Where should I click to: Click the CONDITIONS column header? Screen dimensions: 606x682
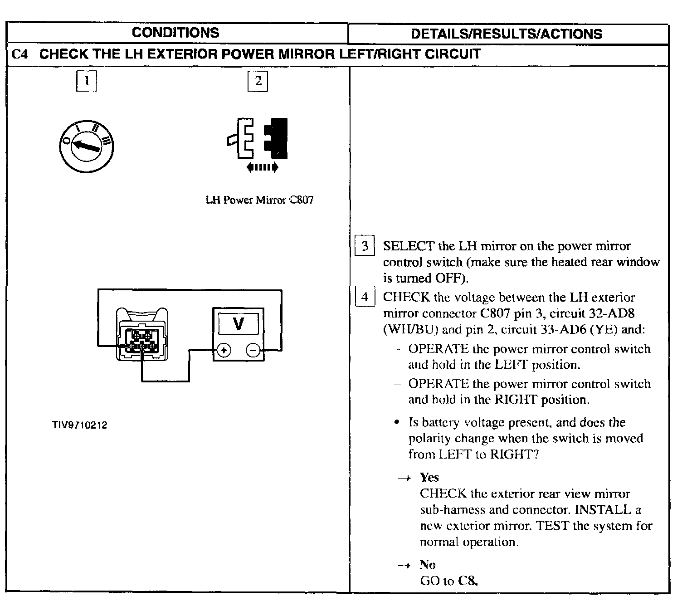click(x=175, y=33)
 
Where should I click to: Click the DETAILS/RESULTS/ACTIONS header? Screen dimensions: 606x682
click(x=506, y=34)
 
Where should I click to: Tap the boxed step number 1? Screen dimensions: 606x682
click(x=86, y=81)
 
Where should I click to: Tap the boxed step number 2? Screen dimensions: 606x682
click(x=258, y=81)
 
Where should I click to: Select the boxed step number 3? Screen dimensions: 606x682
click(x=365, y=246)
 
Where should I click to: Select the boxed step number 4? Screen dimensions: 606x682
click(x=365, y=297)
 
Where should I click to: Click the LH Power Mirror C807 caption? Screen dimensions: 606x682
click(x=259, y=200)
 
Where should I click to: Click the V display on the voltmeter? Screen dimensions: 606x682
click(x=239, y=323)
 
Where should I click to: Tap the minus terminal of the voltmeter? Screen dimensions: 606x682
click(x=253, y=350)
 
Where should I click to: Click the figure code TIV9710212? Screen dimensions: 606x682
click(x=79, y=425)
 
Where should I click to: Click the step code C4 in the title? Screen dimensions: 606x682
click(x=20, y=55)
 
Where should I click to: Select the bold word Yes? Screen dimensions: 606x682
click(x=429, y=477)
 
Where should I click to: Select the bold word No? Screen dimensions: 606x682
click(x=427, y=565)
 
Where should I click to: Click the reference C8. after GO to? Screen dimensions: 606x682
click(x=468, y=581)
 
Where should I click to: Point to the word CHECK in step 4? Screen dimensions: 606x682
click(x=406, y=298)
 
